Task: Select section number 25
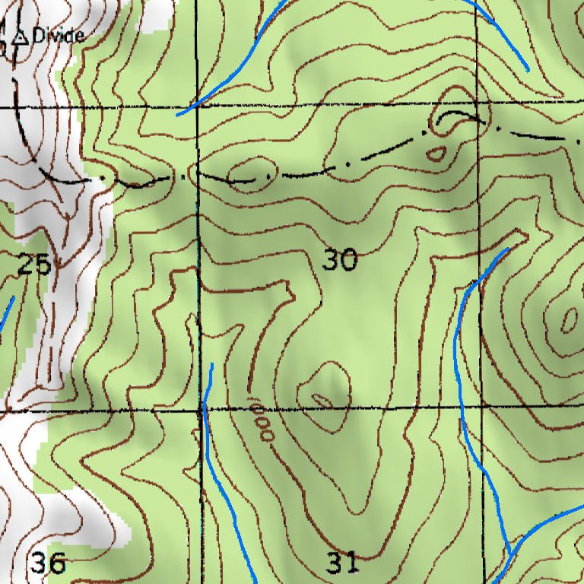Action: (x=34, y=264)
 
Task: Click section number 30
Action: (x=339, y=261)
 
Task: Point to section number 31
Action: (x=342, y=563)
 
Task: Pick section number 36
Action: (x=48, y=563)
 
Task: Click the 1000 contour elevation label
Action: (x=261, y=418)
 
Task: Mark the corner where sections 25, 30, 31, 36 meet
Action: (x=202, y=409)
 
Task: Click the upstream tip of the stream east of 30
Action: (x=507, y=249)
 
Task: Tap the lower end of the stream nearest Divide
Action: (x=178, y=115)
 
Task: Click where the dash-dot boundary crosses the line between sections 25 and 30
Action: (x=198, y=176)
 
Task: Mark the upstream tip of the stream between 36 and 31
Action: (x=211, y=365)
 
